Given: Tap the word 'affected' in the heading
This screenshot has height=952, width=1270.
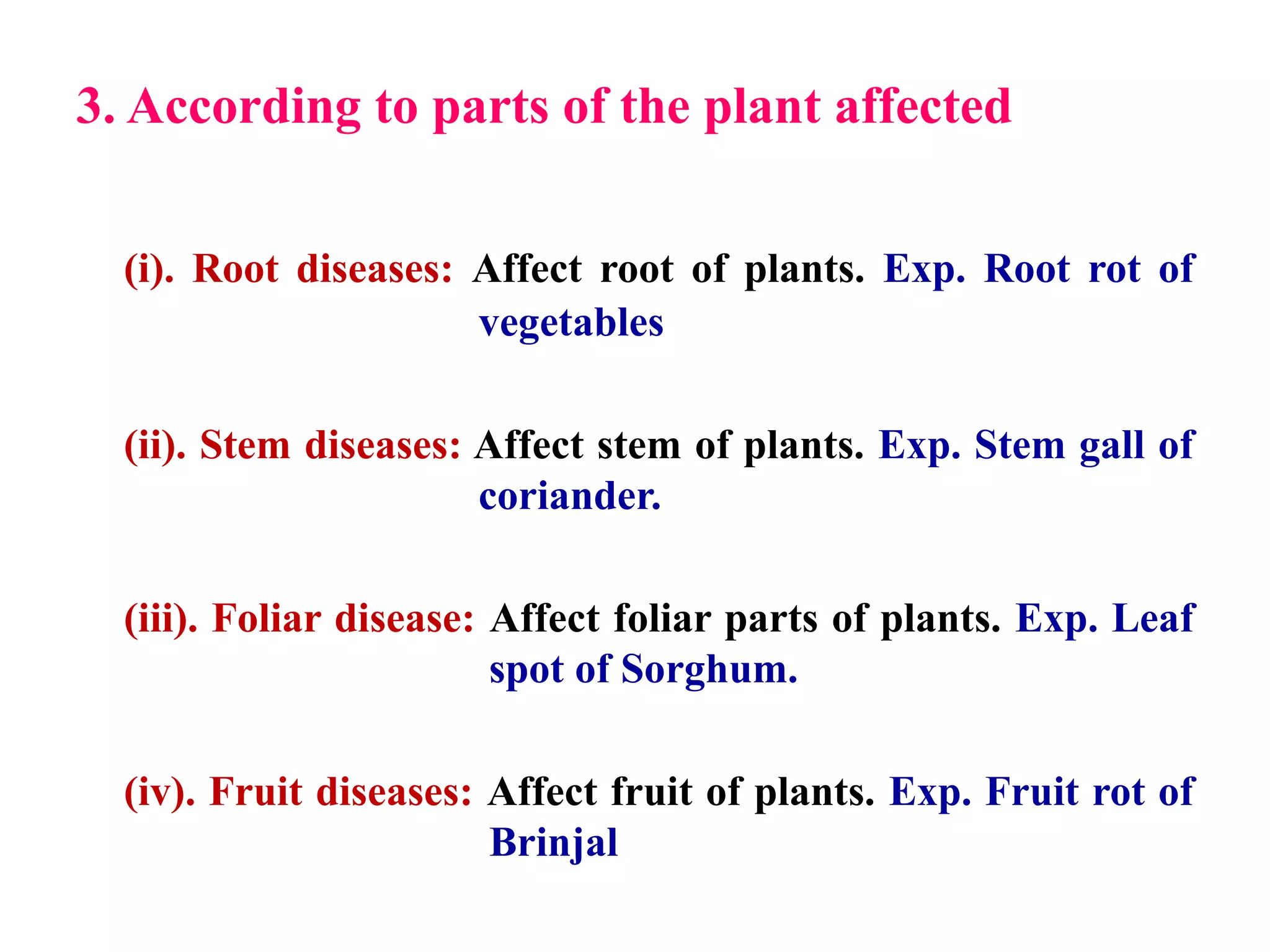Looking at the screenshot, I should (x=923, y=107).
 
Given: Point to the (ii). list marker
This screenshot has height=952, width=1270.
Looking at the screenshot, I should (x=155, y=446).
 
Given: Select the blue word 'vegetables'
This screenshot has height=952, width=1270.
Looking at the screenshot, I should (x=571, y=324).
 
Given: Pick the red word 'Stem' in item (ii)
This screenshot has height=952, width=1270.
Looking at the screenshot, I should (x=244, y=446).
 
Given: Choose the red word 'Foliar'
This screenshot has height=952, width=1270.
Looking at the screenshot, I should (x=267, y=619).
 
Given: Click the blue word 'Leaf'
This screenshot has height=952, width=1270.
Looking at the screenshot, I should (x=1153, y=619).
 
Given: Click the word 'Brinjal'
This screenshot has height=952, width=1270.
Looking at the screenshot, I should (x=553, y=843).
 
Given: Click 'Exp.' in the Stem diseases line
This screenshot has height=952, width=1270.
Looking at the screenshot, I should (x=920, y=446).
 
